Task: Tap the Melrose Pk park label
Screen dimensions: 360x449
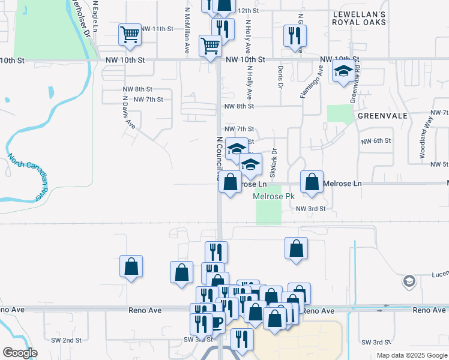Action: click(x=274, y=196)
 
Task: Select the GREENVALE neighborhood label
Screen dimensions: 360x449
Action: click(x=382, y=115)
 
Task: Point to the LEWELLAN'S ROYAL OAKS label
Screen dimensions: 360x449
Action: click(x=359, y=17)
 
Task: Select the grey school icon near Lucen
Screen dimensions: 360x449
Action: click(x=409, y=281)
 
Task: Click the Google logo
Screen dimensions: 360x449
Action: click(x=20, y=353)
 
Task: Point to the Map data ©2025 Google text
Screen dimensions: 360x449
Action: click(x=411, y=355)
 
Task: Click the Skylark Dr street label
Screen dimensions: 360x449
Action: click(x=273, y=163)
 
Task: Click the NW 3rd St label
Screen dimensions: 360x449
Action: click(x=310, y=208)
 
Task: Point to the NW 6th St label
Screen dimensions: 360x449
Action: click(x=376, y=140)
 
